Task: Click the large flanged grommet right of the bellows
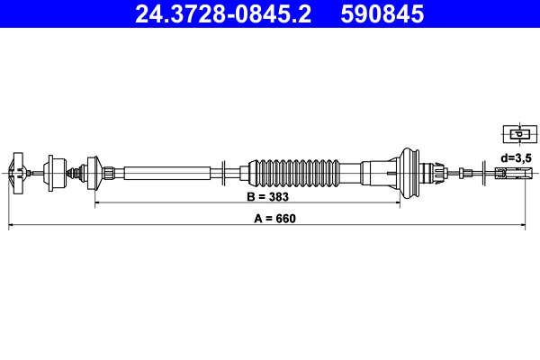pyautogui.click(x=411, y=171)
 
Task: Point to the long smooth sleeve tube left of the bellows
pyautogui.click(x=166, y=171)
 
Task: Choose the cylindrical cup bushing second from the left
pyautogui.click(x=53, y=171)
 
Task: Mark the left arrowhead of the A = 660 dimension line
pyautogui.click(x=12, y=227)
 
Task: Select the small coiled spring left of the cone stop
pyautogui.click(x=74, y=171)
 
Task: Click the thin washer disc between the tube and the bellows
pyautogui.click(x=221, y=171)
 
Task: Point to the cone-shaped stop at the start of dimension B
pyautogui.click(x=90, y=171)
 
